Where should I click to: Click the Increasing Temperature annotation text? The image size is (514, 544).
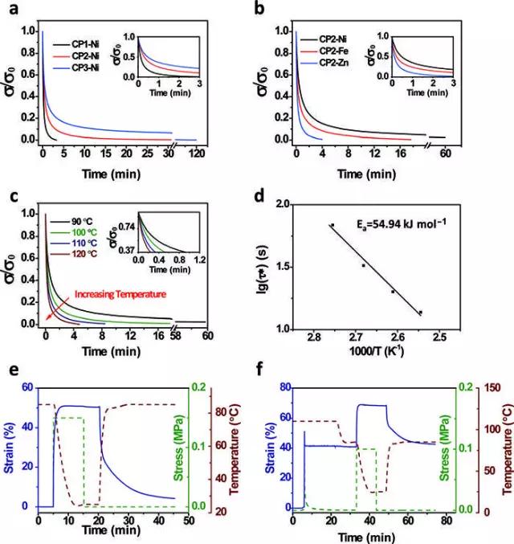pos(120,295)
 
